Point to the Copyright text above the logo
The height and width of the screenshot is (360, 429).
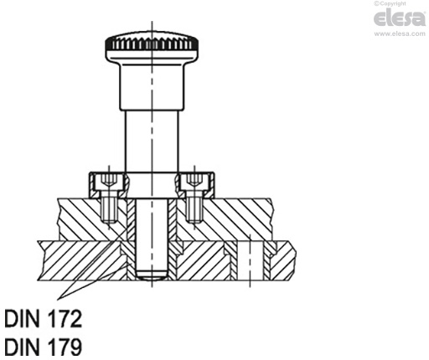401,5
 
